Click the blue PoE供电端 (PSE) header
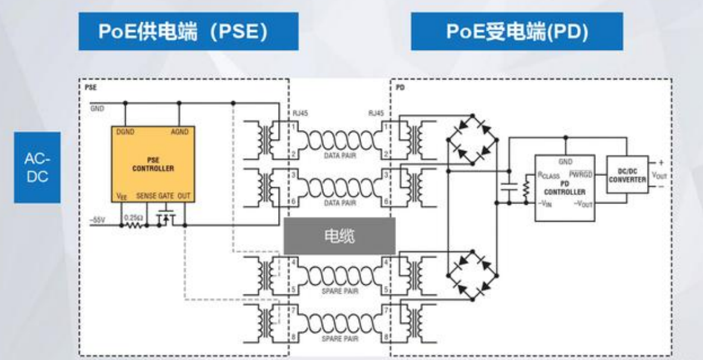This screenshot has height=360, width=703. point(188,31)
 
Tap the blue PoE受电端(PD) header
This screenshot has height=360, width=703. point(517,31)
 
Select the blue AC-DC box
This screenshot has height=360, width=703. point(37,167)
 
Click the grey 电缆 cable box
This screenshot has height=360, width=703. point(339,236)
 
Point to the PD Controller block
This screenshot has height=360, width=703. point(565,187)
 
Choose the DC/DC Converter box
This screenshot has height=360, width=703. point(627,175)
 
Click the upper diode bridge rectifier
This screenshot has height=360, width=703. point(472,140)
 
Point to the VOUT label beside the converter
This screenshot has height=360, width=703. point(659,176)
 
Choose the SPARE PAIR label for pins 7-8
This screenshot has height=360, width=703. point(340,339)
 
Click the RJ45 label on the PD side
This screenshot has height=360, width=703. point(376,113)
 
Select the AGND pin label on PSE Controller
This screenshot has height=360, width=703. point(179,132)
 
